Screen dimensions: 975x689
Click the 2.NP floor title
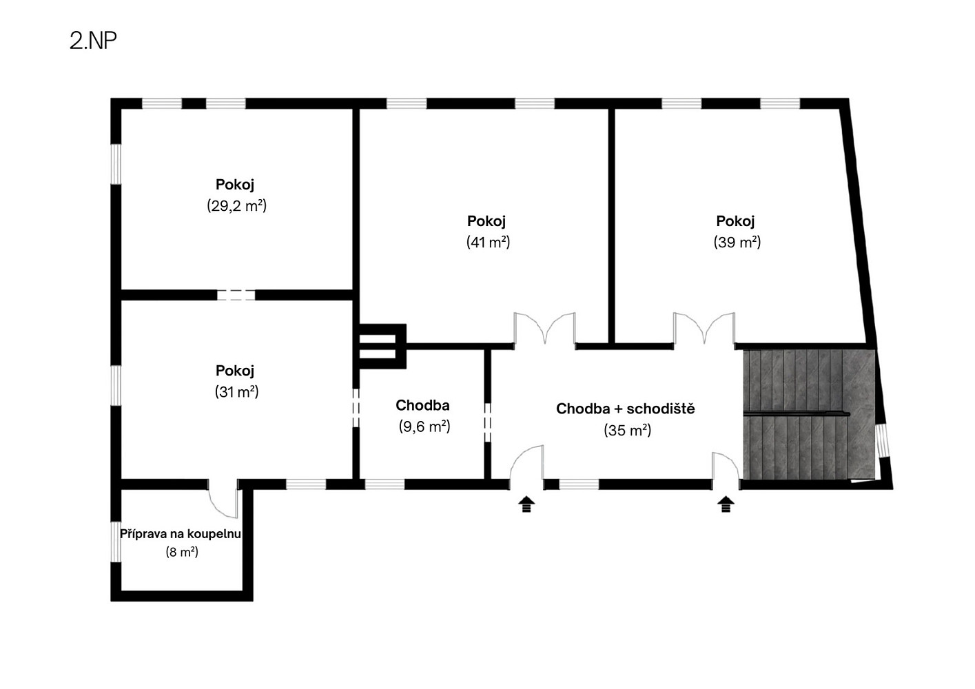(93, 41)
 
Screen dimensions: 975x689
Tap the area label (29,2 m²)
(236, 205)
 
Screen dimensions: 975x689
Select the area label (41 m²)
(488, 242)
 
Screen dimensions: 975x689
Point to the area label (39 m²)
(737, 242)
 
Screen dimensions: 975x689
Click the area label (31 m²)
(236, 392)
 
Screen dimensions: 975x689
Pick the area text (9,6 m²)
(424, 426)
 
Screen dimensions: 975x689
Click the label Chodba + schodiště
(626, 409)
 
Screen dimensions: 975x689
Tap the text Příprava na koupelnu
(181, 534)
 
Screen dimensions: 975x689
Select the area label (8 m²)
(182, 553)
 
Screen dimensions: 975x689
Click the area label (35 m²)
(627, 431)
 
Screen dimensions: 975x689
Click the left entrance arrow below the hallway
(526, 504)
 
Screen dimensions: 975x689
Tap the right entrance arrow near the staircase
(726, 504)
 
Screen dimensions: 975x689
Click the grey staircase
(809, 414)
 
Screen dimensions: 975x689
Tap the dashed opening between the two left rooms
(236, 295)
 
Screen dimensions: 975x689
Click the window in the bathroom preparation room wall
(116, 542)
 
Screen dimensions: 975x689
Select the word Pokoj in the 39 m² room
(735, 221)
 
